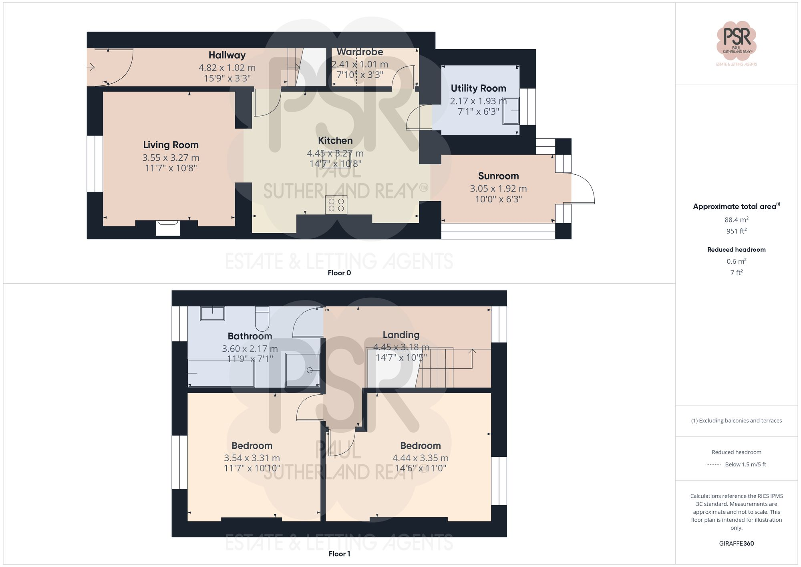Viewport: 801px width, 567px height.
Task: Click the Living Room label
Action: [x=171, y=145]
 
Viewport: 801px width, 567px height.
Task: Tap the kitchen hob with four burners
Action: [x=336, y=205]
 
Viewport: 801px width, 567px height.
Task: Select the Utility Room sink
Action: [x=511, y=111]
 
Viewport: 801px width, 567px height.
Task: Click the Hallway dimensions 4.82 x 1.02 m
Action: [x=227, y=68]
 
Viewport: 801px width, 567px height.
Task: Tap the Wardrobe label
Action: [x=360, y=52]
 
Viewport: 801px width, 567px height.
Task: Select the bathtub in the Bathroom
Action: [x=221, y=373]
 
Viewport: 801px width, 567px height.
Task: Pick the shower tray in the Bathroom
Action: [x=302, y=370]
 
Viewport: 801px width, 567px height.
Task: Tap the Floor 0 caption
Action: [x=339, y=273]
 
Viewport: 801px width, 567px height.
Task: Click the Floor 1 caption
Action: [x=339, y=554]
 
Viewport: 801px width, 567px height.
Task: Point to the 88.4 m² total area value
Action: [x=736, y=220]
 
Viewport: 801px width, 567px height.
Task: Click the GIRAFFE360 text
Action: [x=736, y=543]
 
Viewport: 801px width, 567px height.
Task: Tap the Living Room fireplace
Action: [x=168, y=228]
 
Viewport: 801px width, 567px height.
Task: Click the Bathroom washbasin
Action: [x=212, y=313]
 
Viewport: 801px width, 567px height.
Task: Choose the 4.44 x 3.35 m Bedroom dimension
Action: [x=420, y=458]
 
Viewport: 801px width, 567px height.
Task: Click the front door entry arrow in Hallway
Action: [x=91, y=67]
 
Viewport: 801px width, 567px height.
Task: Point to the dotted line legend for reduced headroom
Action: [x=714, y=465]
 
